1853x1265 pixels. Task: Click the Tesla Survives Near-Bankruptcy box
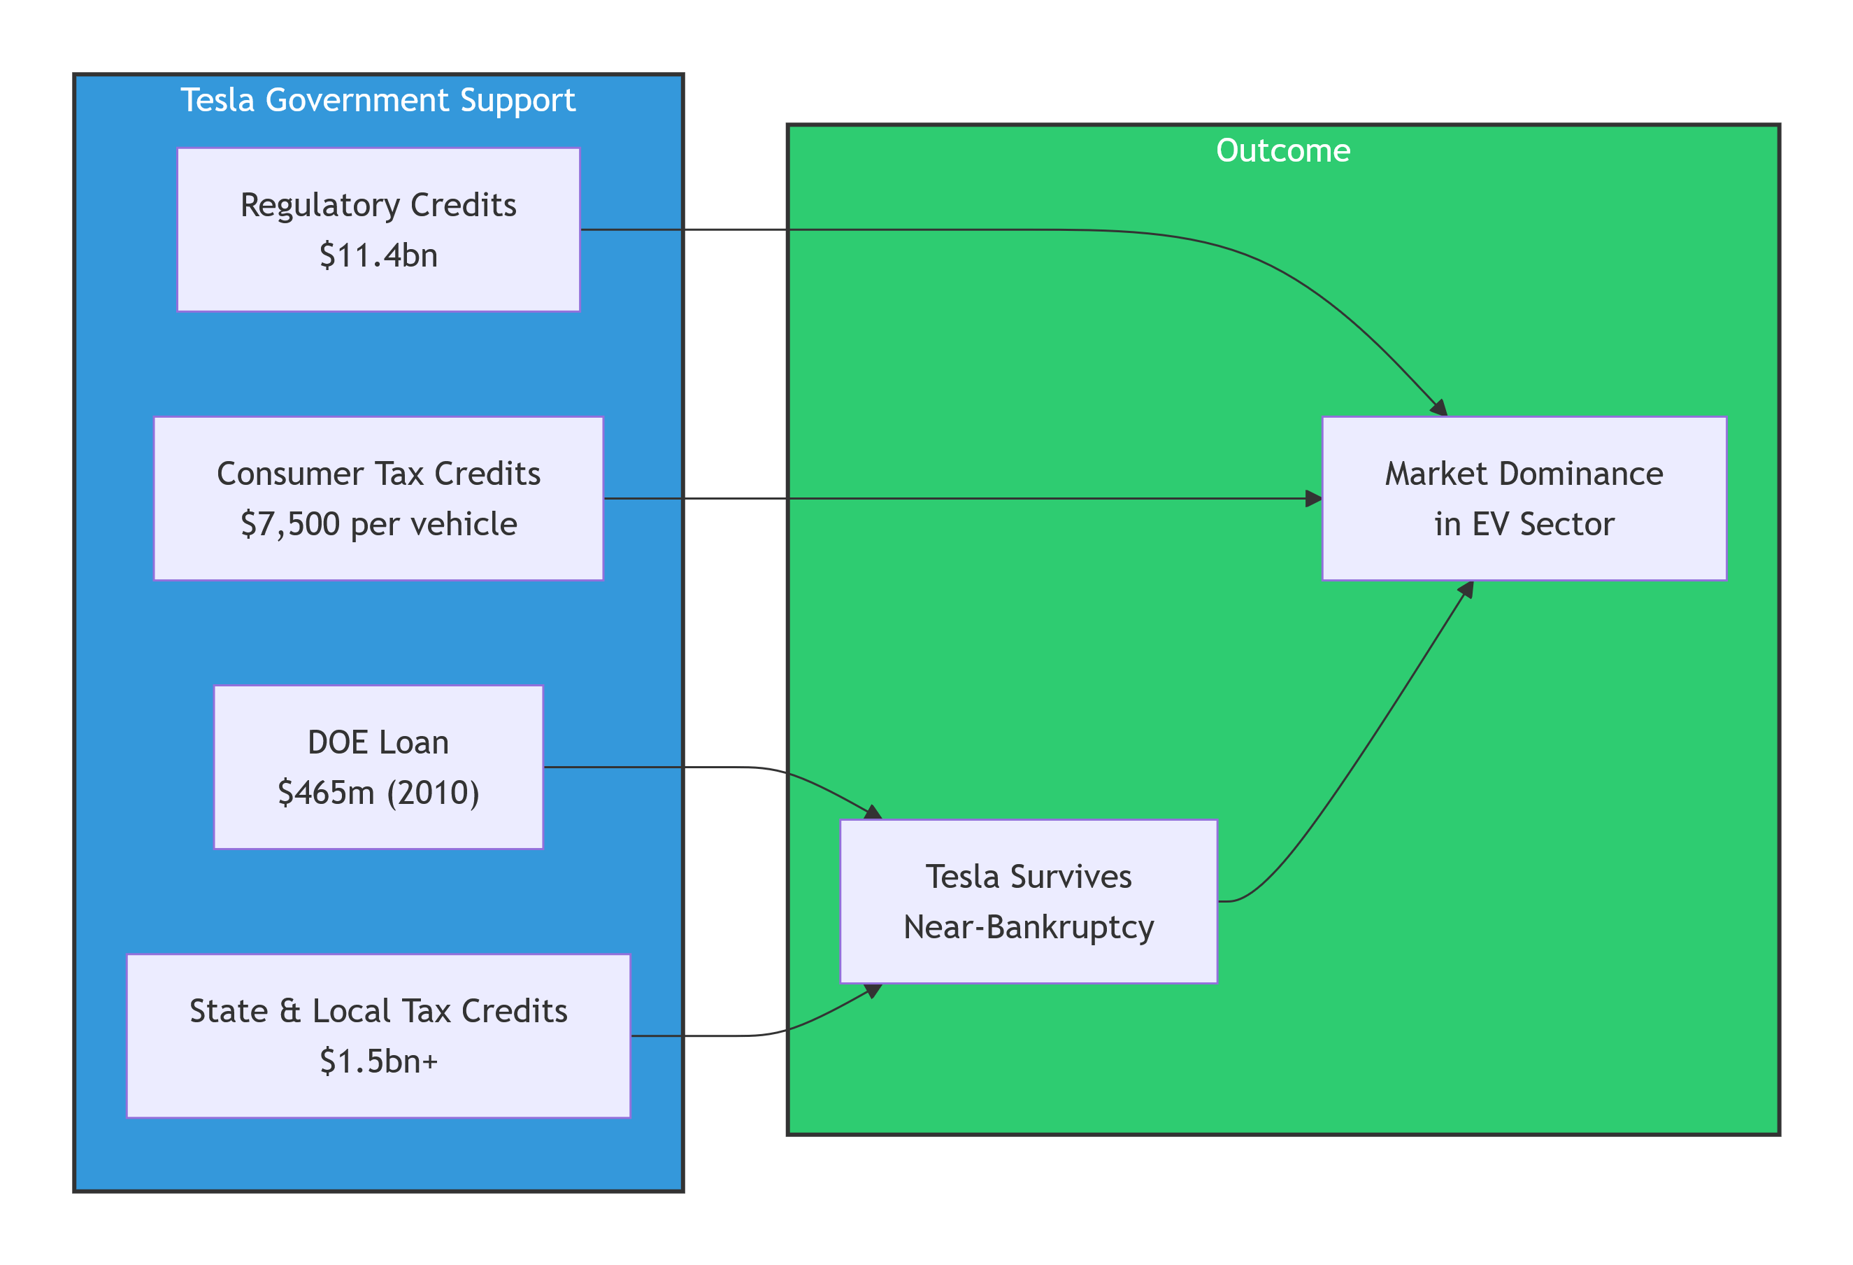click(1029, 901)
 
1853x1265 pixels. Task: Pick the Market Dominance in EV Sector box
click(1524, 498)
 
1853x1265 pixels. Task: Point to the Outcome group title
click(1283, 150)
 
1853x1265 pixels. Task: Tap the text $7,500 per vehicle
click(379, 525)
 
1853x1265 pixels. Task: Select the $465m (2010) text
click(379, 793)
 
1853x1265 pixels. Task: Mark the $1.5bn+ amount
click(379, 1061)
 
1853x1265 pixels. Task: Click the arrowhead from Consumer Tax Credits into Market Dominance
click(1314, 498)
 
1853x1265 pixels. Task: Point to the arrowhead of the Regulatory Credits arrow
click(1439, 409)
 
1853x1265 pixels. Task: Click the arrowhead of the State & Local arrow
click(874, 991)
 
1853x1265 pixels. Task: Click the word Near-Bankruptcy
click(1029, 928)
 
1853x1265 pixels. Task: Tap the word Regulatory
click(320, 206)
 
